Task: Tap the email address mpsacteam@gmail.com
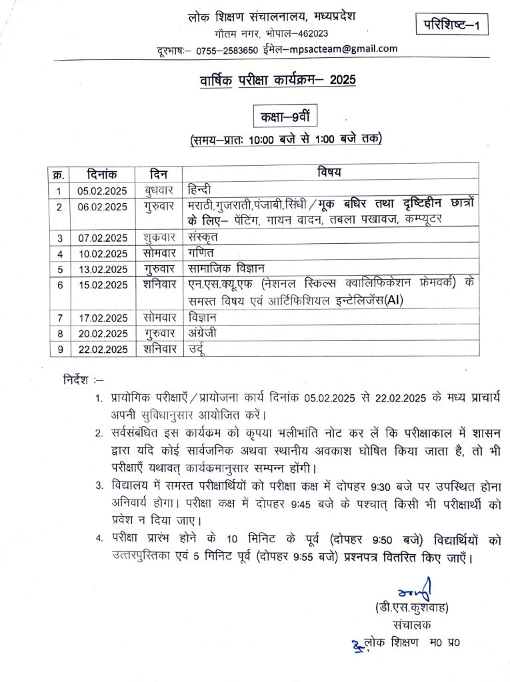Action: [351, 49]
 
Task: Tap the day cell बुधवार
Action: [159, 190]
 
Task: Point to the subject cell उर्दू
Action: [198, 348]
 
